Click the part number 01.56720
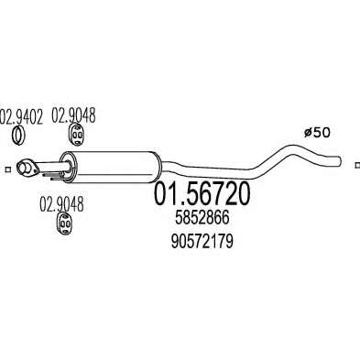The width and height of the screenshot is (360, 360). pos(202,194)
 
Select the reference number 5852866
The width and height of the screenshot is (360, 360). pos(202,218)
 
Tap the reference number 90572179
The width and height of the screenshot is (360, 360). pos(202,242)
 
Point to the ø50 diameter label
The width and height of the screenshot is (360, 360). pos(317,133)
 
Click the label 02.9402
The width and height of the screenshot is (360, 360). pos(21,116)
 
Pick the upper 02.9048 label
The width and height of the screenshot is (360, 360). pos(73,115)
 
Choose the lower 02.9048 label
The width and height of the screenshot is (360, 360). pos(61,204)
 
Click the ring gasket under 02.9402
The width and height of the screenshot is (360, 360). pos(19,136)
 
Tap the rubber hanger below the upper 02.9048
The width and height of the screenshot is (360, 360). pos(75,134)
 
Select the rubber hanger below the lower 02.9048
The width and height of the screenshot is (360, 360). pos(65,224)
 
